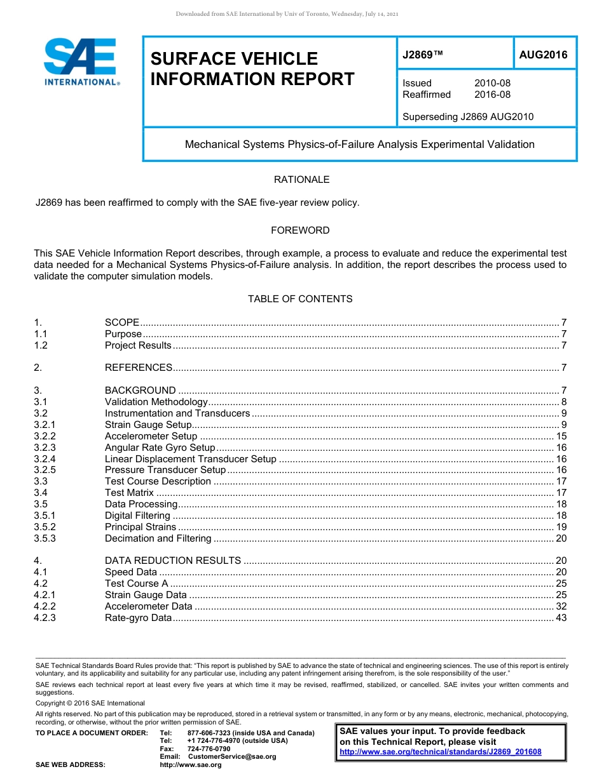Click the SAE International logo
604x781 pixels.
pos(81,62)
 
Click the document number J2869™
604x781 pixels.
pos(422,55)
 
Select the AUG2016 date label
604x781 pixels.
pos(544,55)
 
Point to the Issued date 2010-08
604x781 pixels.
pos(492,83)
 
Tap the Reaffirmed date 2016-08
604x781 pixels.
pos(492,95)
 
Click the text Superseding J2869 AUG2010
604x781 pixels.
pos(468,117)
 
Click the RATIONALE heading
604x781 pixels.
pos(301,180)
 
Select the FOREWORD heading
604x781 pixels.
pos(300,230)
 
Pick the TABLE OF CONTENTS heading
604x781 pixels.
pos(300,299)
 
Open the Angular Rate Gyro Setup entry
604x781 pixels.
pos(160,448)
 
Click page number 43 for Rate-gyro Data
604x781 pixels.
pos(561,617)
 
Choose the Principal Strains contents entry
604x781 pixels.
pos(141,527)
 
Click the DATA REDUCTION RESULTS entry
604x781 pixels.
pos(173,561)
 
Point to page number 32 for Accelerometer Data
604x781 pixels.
pos(561,606)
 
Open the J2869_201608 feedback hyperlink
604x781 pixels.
pos(441,752)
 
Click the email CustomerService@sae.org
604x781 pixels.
pos(231,756)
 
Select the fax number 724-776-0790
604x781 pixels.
pos(209,749)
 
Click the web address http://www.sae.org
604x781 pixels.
pos(191,765)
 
